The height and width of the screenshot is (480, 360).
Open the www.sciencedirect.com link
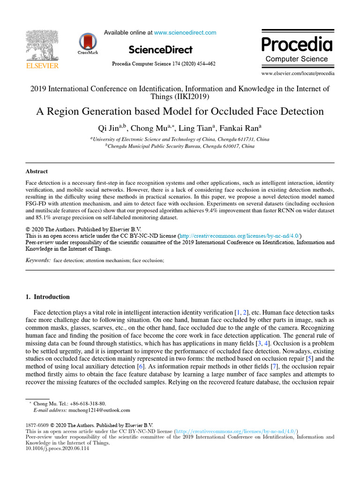185,33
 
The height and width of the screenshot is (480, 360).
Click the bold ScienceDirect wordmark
160,49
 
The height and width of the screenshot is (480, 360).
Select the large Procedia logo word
297,45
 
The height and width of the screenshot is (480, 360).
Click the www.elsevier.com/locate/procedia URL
298,74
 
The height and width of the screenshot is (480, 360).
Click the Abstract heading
36,172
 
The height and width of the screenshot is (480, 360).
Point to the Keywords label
37,260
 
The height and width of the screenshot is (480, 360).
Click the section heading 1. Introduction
47,297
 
